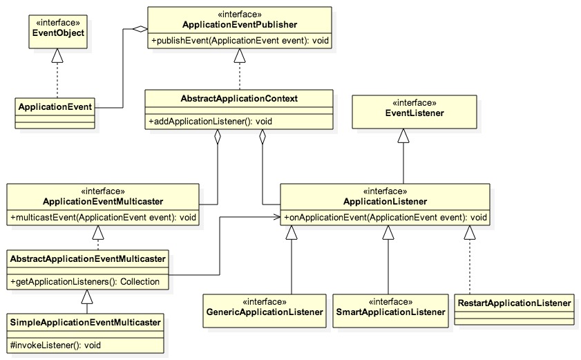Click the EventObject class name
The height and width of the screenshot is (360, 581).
click(x=58, y=32)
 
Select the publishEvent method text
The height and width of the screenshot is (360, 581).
click(x=240, y=40)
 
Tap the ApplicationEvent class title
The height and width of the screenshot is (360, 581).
click(x=55, y=107)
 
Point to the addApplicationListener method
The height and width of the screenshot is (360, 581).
click(x=210, y=121)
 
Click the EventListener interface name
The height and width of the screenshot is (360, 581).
click(x=415, y=113)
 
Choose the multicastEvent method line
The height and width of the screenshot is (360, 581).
click(x=103, y=217)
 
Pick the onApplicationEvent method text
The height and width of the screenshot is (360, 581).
click(x=385, y=217)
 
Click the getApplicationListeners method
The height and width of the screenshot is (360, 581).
click(x=85, y=281)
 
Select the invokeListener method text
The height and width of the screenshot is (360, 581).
click(x=55, y=345)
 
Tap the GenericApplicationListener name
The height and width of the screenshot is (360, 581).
click(x=265, y=312)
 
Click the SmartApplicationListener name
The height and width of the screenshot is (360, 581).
click(x=390, y=312)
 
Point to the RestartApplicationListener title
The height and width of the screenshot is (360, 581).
click(x=514, y=303)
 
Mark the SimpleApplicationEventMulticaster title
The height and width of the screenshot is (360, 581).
click(x=85, y=322)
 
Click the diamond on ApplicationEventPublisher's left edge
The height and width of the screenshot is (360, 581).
click(x=140, y=29)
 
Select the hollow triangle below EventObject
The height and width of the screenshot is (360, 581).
click(x=57, y=55)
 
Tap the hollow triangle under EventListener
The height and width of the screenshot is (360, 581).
click(x=403, y=135)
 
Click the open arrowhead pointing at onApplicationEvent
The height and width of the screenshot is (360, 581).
click(x=277, y=217)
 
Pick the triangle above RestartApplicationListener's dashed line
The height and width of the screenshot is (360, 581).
click(x=470, y=232)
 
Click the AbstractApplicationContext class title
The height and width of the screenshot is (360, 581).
click(x=239, y=99)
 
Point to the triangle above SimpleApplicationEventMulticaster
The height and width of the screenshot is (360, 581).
click(x=87, y=297)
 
